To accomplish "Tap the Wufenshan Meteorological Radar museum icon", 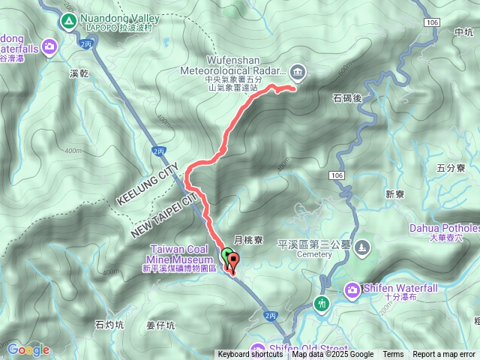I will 298,72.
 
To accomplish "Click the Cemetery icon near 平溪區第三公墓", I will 363,247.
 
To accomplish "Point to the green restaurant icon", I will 322,304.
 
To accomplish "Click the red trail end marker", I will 233,262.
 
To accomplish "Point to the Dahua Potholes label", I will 445,228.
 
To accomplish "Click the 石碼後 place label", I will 347,97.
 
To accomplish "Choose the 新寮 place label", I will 395,194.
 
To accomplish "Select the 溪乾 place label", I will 79,73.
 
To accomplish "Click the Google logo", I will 28,349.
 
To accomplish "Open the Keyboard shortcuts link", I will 250,355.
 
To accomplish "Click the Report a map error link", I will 444,355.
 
